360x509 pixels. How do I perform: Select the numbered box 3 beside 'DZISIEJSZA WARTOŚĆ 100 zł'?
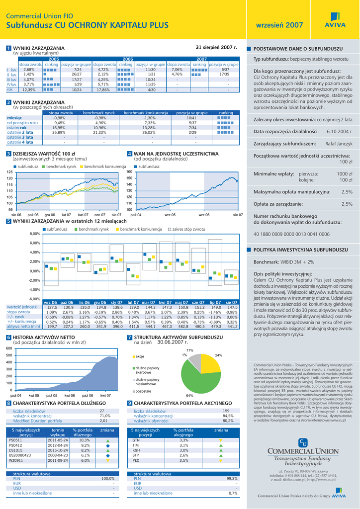pyautogui.click(x=8, y=154)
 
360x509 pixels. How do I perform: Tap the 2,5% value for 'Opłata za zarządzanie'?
pyautogui.click(x=347, y=204)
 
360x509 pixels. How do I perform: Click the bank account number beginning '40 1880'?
pyautogui.click(x=284, y=234)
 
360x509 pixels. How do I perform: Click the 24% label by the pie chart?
pyautogui.click(x=218, y=355)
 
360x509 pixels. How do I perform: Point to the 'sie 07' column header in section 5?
pyautogui.click(x=232, y=302)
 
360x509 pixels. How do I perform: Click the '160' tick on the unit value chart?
pyautogui.click(x=129, y=172)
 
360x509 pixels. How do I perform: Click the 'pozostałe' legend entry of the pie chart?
pyautogui.click(x=143, y=391)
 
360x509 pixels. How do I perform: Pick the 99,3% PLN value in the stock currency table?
pyautogui.click(x=232, y=478)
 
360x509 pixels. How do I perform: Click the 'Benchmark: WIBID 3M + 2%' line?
pyautogui.click(x=284, y=261)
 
